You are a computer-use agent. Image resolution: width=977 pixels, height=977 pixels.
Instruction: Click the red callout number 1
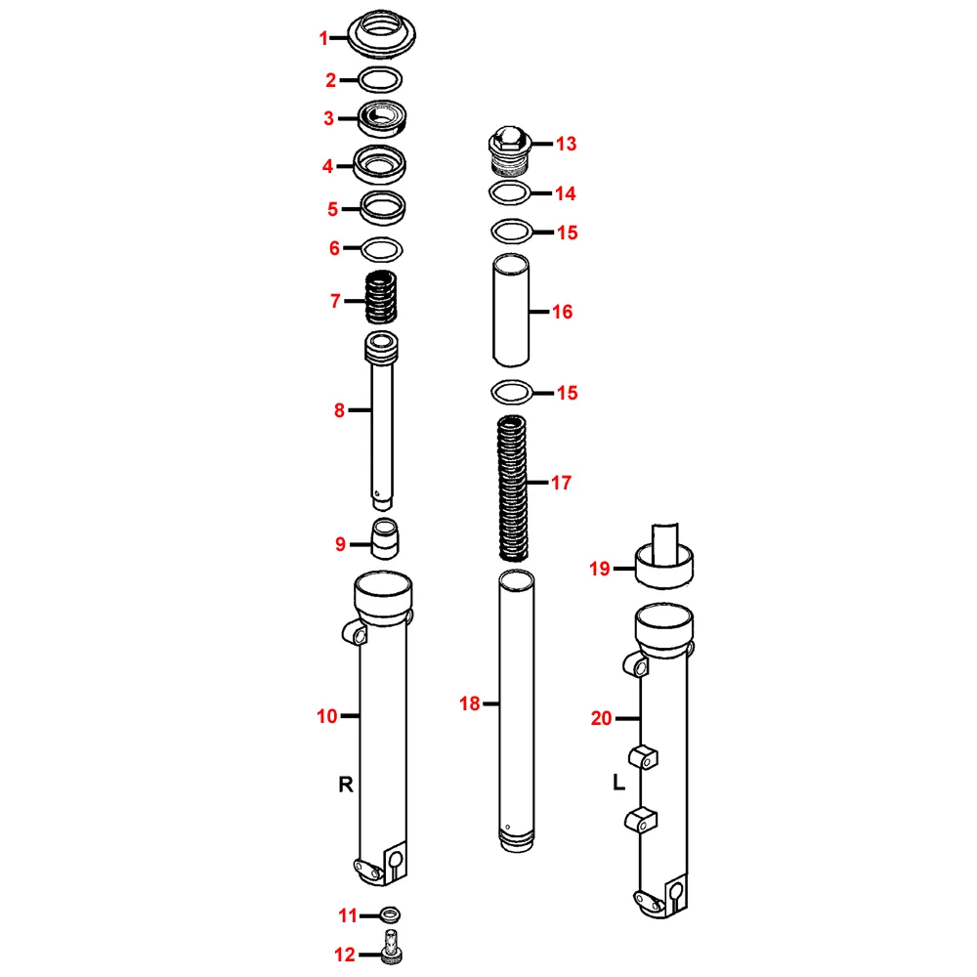point(323,39)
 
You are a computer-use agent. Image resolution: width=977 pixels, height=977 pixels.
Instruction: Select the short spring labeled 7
point(381,297)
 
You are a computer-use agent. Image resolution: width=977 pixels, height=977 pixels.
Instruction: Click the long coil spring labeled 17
point(512,488)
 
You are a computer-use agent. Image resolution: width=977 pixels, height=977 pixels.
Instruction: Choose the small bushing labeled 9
point(384,537)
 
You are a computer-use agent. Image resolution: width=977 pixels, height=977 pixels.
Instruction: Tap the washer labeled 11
point(390,915)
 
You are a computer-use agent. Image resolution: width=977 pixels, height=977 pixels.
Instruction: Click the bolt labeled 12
point(391,946)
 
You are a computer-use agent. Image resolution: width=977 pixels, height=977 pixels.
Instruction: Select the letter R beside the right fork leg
point(346,784)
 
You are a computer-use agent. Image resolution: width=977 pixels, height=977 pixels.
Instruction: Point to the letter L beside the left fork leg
point(618,782)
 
